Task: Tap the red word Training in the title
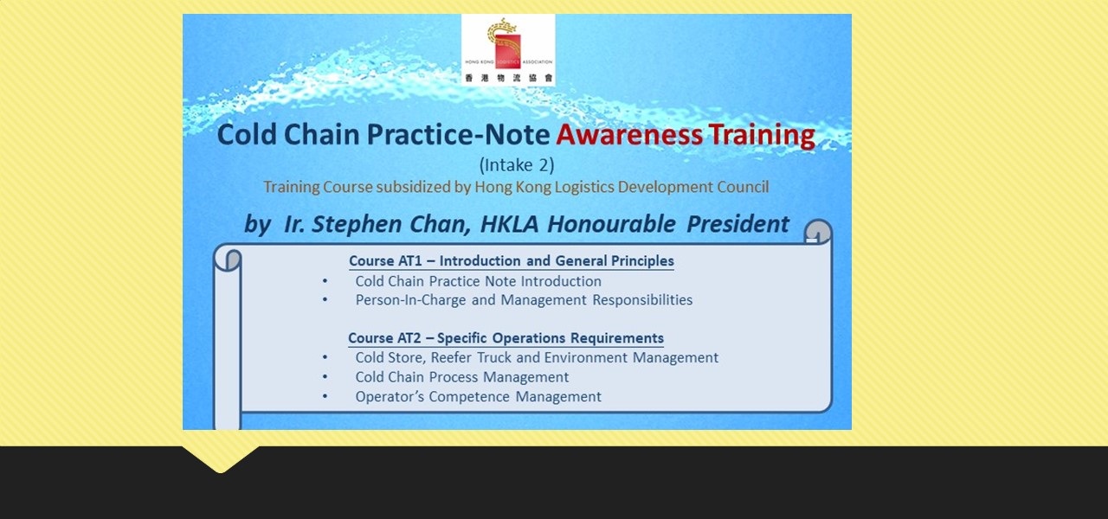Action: pos(762,136)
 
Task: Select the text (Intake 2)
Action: pos(516,164)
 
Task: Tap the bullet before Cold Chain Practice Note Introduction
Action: pos(325,282)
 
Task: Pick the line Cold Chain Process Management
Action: pos(461,377)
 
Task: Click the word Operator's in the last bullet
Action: pos(390,397)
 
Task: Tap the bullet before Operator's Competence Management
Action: pos(325,397)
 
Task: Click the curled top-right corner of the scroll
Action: pos(818,232)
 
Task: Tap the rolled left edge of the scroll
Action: pos(227,346)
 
